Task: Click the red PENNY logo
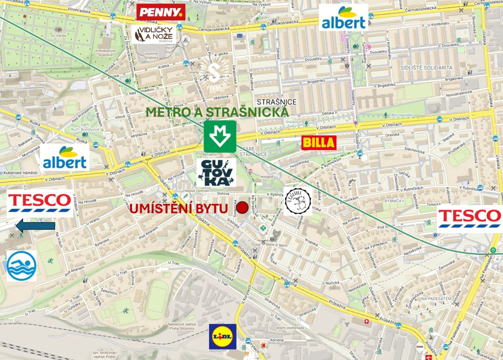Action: (161, 12)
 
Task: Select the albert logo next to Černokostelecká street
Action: (343, 18)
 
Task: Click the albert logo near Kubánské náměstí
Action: (65, 158)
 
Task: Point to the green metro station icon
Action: (220, 136)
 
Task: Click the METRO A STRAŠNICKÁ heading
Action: (217, 112)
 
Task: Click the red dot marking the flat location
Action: (242, 207)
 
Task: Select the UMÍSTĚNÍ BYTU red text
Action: (179, 208)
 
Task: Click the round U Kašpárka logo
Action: (298, 202)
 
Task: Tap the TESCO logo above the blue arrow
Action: (40, 203)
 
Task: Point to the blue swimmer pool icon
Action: (22, 266)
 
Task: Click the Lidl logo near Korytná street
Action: (223, 336)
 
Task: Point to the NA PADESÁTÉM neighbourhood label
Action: (436, 298)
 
